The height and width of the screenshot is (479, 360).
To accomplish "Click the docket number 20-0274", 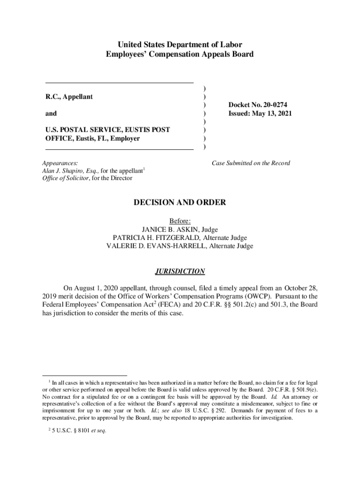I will click(x=274, y=105).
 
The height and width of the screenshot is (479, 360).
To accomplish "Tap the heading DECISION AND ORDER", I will click(x=180, y=203).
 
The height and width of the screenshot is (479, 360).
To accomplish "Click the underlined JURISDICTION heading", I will click(x=180, y=271).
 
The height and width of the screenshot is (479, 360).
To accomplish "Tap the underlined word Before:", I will click(x=180, y=221).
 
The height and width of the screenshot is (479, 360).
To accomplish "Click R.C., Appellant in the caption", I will click(x=69, y=97).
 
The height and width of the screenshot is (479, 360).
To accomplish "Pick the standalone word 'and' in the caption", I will click(x=51, y=114).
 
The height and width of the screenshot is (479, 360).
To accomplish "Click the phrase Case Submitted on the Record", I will click(x=251, y=163).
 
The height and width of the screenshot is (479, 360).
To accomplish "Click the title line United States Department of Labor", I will click(x=180, y=45).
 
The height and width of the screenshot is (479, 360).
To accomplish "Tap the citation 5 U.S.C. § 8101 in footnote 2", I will click(x=71, y=431).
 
